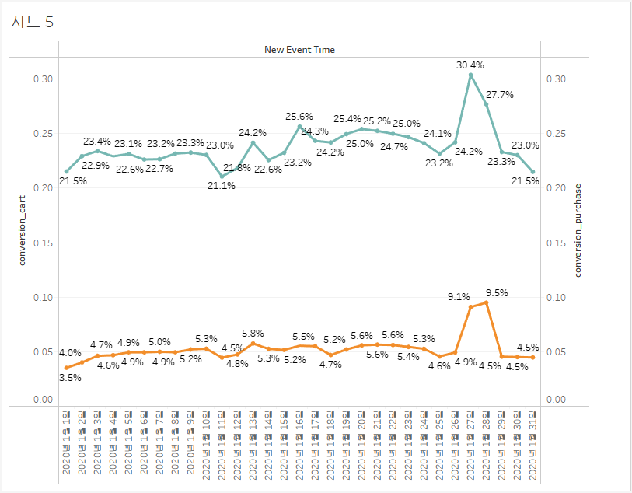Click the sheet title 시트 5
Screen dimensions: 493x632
click(33, 22)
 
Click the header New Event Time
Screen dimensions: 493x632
click(299, 49)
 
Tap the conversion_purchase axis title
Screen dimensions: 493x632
click(578, 231)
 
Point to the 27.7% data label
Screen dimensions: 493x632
click(499, 94)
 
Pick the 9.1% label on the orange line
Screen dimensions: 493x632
click(459, 296)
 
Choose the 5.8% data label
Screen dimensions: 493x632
click(253, 333)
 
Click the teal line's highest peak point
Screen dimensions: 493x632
click(470, 75)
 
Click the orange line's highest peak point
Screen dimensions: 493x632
click(486, 302)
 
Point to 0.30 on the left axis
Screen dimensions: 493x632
click(44, 79)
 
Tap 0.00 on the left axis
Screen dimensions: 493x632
click(44, 400)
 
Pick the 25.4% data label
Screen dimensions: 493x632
click(347, 119)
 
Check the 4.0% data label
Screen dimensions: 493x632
click(71, 353)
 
